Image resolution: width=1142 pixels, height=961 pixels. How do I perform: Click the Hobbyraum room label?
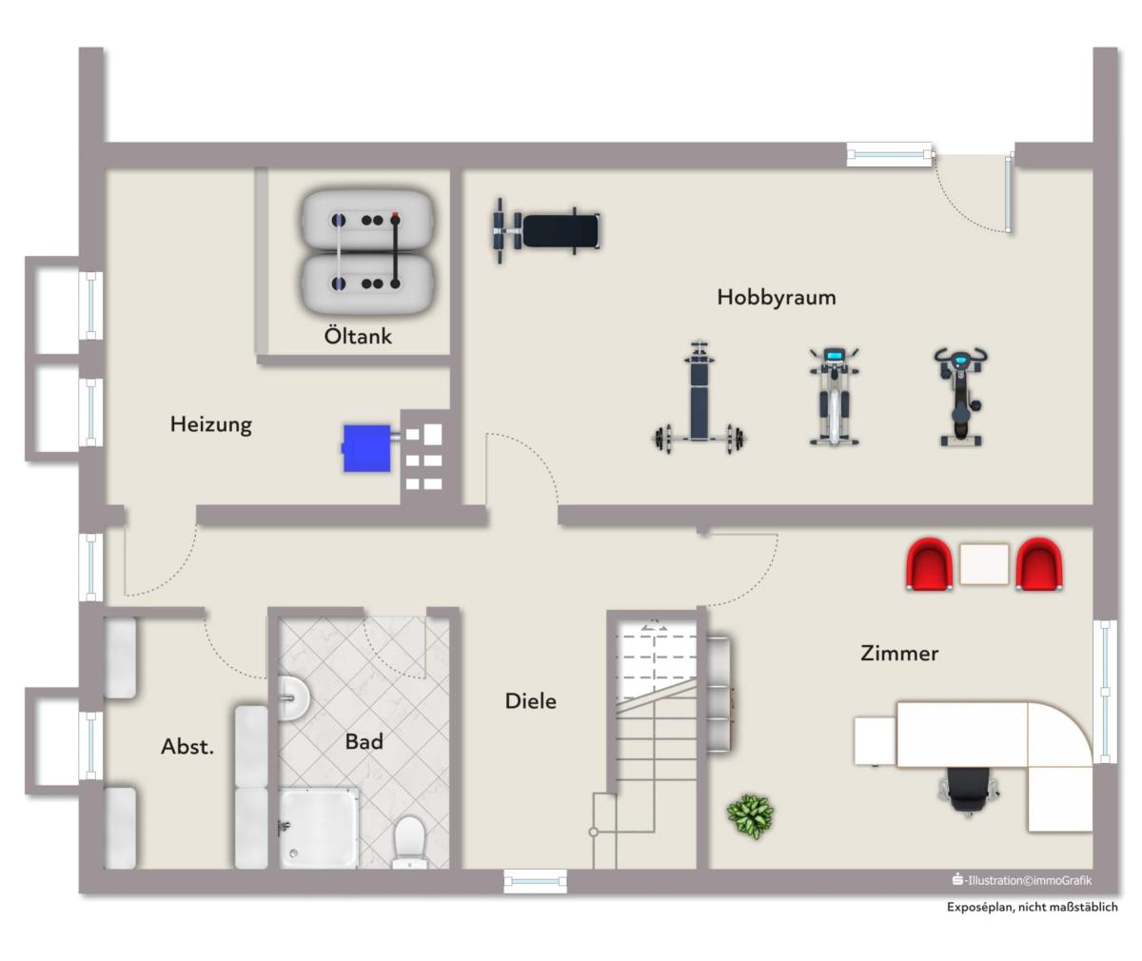tap(777, 298)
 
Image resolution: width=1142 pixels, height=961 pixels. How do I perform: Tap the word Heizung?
tap(210, 424)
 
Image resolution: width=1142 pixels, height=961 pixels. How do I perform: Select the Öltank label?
tap(358, 336)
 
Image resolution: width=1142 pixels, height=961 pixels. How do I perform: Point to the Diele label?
tap(530, 700)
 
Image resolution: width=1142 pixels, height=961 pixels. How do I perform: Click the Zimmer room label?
tap(899, 653)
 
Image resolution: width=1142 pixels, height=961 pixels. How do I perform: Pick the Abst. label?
tap(187, 747)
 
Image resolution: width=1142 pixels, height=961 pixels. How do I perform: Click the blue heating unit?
tap(366, 448)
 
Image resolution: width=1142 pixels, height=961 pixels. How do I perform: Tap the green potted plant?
tap(751, 816)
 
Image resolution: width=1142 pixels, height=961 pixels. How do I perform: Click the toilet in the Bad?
tap(409, 842)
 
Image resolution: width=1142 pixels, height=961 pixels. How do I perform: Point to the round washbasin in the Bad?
tap(293, 698)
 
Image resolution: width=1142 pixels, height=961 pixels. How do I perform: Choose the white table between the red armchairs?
tap(984, 564)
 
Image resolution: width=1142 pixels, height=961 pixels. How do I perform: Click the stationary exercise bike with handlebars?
tap(960, 396)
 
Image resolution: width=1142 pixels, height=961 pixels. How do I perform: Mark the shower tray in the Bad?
tap(319, 828)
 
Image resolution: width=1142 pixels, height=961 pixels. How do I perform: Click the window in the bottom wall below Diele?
tap(535, 881)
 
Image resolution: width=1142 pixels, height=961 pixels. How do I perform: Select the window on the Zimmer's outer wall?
tap(1105, 692)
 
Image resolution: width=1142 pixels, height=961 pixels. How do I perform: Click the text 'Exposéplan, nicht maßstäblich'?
tap(1032, 907)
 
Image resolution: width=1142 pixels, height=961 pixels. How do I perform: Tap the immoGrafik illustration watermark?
tap(1022, 880)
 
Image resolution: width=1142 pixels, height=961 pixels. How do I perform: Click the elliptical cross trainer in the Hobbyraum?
tap(834, 396)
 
